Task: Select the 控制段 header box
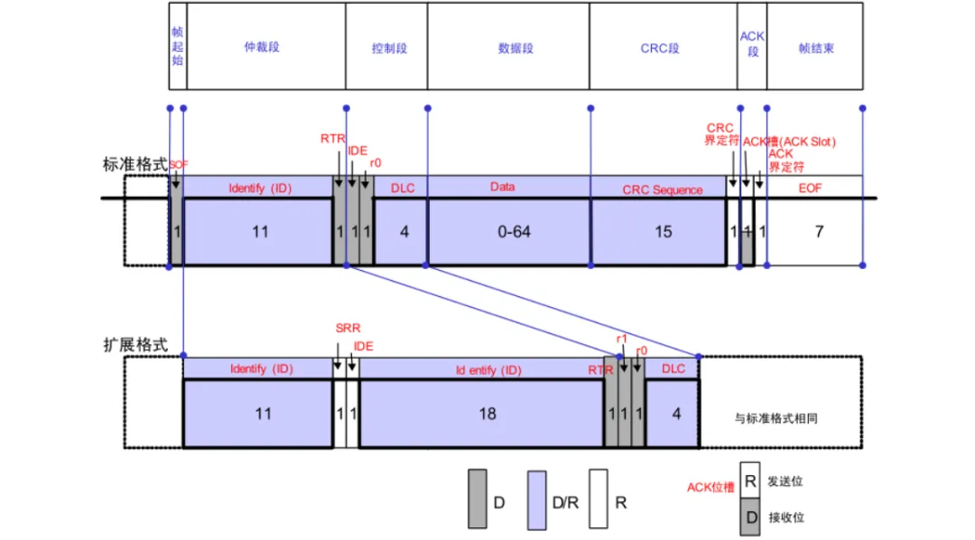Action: (386, 46)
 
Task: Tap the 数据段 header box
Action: (508, 46)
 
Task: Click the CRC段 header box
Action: (662, 46)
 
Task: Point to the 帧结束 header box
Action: (815, 46)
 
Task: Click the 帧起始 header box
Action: (178, 46)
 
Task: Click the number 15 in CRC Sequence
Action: (663, 231)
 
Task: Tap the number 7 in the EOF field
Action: (819, 231)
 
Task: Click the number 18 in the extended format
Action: (487, 414)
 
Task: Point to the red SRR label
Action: (348, 329)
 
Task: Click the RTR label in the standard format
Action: (332, 138)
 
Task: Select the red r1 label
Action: (622, 339)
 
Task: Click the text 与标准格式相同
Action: (777, 419)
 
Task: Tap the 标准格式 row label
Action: (135, 164)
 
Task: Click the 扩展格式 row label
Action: (135, 345)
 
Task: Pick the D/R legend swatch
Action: (538, 498)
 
